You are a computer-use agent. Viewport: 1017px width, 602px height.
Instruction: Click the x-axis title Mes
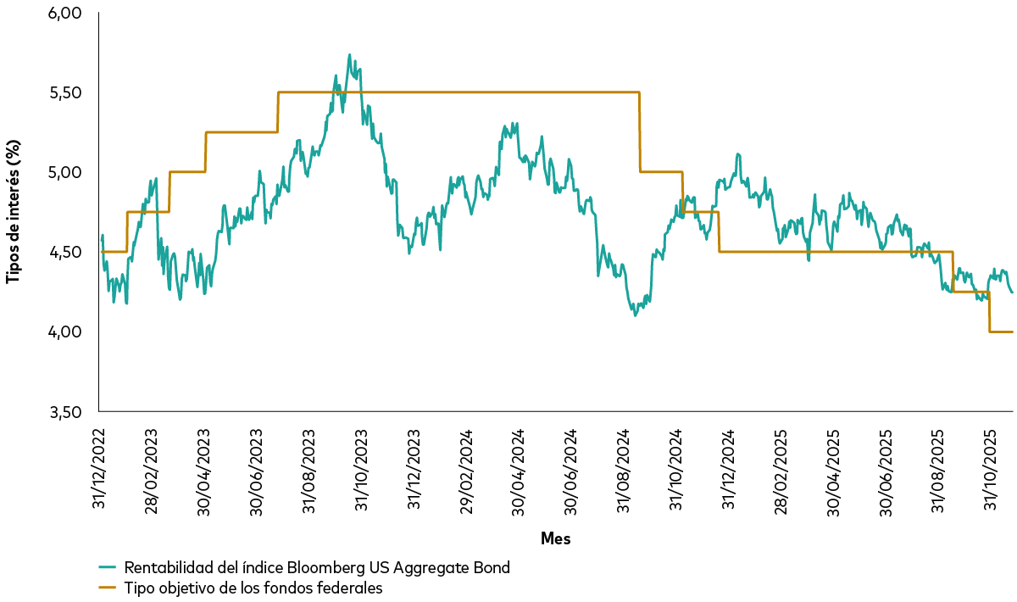pos(555,539)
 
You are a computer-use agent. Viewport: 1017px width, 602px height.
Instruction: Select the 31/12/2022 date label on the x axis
pos(99,467)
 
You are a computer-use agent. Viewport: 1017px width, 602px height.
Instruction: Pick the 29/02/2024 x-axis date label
pos(465,467)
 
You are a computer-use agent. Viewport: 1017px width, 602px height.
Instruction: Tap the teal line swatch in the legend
pos(107,568)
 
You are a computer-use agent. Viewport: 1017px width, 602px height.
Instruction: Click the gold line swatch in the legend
pos(107,587)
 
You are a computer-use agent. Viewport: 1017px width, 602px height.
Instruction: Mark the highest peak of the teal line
pos(349,55)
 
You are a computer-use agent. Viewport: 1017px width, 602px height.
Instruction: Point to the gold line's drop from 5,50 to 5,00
pos(640,131)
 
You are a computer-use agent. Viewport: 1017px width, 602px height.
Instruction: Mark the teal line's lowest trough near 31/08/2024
pos(635,315)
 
